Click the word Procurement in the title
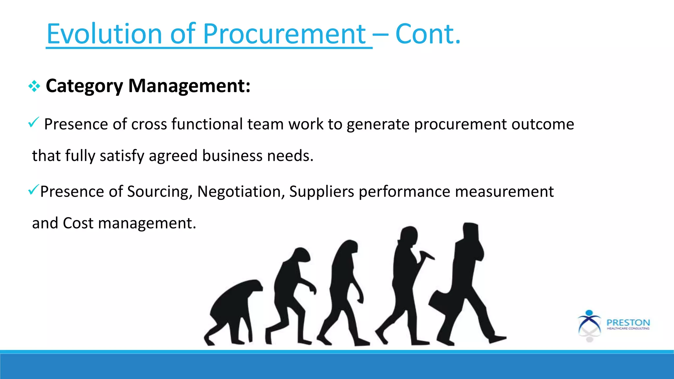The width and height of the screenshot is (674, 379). tap(284, 34)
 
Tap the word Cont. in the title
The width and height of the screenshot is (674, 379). tap(428, 34)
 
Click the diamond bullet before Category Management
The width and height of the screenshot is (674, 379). tap(34, 87)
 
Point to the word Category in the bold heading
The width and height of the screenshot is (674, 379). tap(84, 86)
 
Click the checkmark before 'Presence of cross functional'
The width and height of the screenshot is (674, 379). tap(34, 122)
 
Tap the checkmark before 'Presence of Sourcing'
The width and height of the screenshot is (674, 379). tap(34, 190)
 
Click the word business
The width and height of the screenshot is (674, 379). tap(232, 156)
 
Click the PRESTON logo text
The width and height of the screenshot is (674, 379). tap(628, 323)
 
